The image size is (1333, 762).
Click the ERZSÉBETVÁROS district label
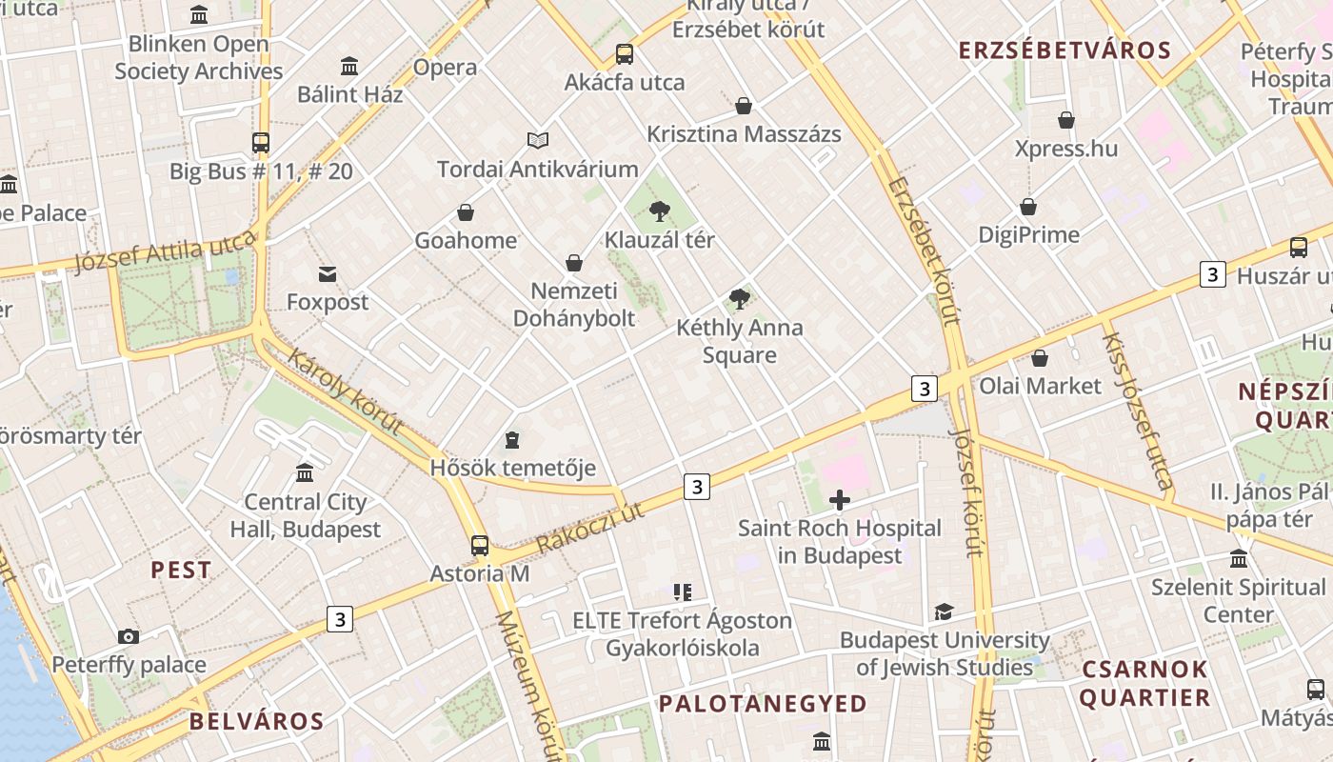pos(1064,50)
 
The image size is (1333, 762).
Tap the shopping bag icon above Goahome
pos(466,212)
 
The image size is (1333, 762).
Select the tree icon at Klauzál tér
pos(659,211)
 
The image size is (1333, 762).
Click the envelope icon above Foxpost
pos(328,274)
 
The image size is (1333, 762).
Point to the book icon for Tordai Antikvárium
pos(538,141)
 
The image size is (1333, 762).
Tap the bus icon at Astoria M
pos(480,546)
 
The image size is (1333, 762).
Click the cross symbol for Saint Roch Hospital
pos(840,500)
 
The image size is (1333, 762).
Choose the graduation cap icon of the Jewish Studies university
pos(944,612)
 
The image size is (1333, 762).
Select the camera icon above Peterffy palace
pos(129,636)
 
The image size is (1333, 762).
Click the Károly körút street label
pos(345,391)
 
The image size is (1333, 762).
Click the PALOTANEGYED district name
pos(764,704)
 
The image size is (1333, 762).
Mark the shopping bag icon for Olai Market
pos(1040,358)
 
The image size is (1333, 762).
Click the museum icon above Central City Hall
pos(305,473)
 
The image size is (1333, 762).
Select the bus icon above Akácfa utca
pos(625,54)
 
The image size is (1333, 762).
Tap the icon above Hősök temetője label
pos(512,440)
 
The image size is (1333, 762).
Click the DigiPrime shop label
pos(1029,234)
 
